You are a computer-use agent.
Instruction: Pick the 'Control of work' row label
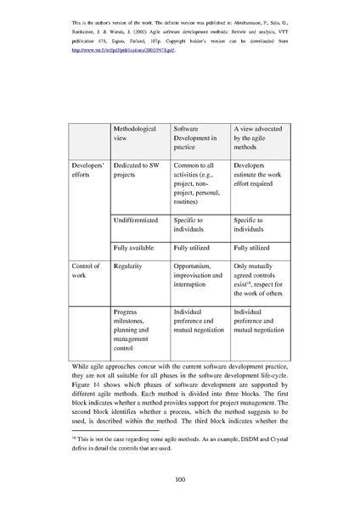[x=86, y=271]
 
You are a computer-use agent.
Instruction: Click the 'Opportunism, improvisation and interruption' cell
[x=198, y=276]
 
